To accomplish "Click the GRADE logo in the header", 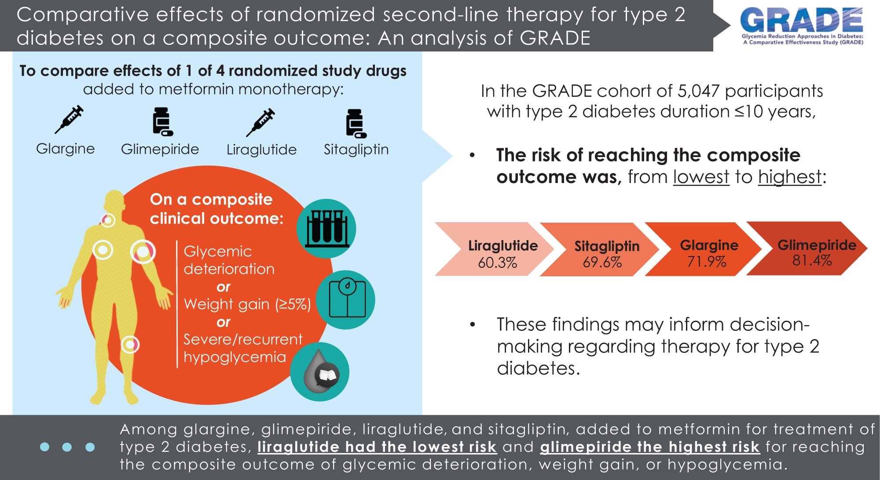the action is [802, 26].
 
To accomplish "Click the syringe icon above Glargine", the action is [69, 119].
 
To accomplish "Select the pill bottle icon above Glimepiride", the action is [162, 122].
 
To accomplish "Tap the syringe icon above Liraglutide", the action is [260, 122].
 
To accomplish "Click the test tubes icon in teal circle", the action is [326, 228].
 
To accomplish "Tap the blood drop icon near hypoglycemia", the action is [321, 372].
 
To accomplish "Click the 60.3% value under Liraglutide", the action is [498, 263].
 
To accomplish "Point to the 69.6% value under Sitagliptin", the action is [602, 263].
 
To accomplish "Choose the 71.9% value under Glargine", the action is [707, 262].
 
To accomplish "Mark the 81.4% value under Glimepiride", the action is [812, 260].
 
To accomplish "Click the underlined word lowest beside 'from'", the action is [701, 177].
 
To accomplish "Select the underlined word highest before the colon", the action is [790, 177].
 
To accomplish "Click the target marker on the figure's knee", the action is [130, 344].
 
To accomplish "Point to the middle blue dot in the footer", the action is [67, 447].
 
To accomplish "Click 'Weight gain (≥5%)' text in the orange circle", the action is [247, 304].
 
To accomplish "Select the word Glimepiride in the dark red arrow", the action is [817, 245].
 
